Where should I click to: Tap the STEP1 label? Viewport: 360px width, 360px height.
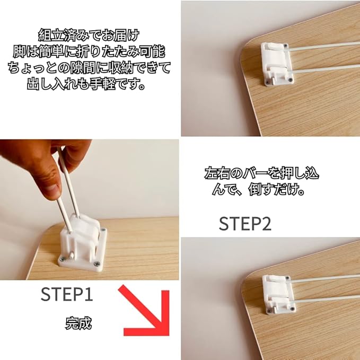click(67, 294)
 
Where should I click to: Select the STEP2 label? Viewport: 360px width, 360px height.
click(245, 224)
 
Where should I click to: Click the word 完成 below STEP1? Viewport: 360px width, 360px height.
click(78, 323)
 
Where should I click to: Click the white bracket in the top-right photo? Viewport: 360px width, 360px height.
click(277, 64)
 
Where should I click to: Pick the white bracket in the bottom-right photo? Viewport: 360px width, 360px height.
click(279, 294)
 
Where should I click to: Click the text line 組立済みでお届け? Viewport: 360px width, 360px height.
click(89, 35)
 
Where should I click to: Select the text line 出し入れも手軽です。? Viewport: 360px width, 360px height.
click(86, 84)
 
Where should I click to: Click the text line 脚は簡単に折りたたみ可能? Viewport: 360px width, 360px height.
click(89, 51)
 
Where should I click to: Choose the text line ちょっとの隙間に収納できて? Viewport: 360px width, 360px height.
click(89, 67)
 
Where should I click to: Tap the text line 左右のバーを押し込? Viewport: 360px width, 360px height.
click(262, 173)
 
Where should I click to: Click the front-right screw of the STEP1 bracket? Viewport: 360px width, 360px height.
click(96, 264)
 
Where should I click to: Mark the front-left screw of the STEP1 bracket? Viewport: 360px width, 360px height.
click(63, 259)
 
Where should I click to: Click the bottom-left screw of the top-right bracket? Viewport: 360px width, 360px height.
click(267, 82)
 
